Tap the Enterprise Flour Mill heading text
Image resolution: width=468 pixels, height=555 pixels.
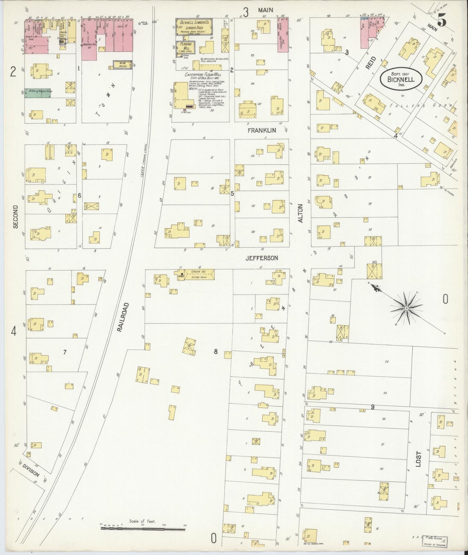click(204, 74)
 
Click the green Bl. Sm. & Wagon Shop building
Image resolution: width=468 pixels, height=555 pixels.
click(38, 91)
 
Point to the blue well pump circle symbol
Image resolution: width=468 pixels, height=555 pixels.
click(140, 24)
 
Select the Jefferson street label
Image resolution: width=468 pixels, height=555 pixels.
click(262, 258)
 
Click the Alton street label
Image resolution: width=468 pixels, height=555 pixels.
click(300, 213)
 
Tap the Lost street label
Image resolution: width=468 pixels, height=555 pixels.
click(418, 459)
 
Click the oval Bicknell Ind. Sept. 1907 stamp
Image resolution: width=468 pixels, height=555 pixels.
click(402, 79)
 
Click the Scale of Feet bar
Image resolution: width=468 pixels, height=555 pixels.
click(143, 528)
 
